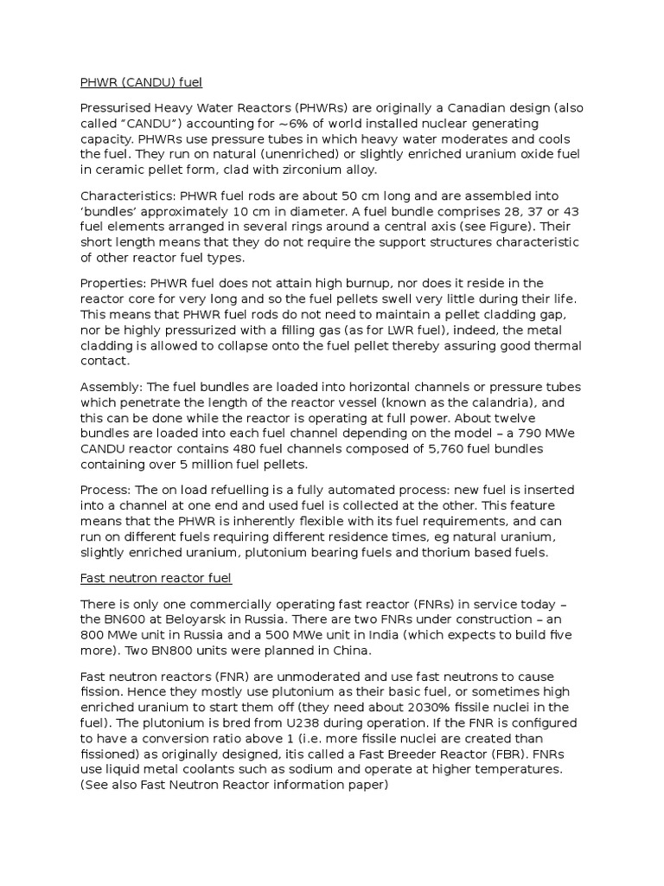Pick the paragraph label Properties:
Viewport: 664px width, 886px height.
[112, 283]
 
